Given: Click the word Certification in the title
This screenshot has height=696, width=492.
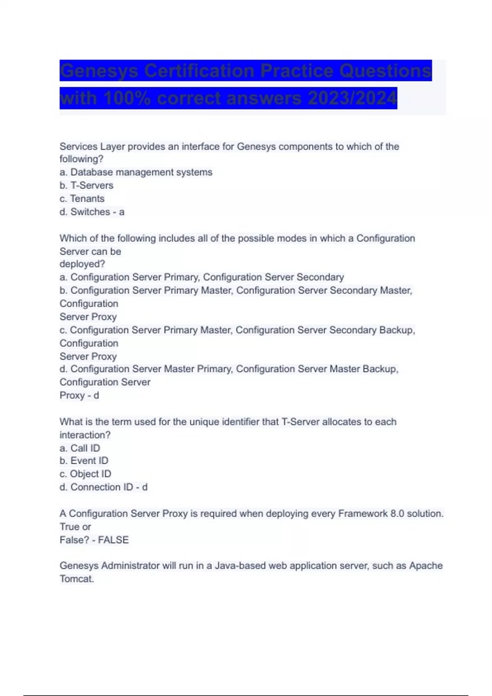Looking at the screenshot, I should coord(199,71).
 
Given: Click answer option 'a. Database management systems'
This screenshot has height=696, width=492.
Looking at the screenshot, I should coord(136,172).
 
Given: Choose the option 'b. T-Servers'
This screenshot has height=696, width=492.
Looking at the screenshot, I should coord(86,185).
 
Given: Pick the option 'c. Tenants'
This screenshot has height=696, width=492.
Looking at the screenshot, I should coord(82,199).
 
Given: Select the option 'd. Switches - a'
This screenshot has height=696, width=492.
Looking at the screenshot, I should coord(92,212).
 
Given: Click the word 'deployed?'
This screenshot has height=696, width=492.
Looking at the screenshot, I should coord(82,264).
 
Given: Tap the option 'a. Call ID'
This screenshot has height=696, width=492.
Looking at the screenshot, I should coord(80,448).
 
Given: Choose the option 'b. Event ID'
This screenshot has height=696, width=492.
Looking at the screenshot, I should coord(84,461).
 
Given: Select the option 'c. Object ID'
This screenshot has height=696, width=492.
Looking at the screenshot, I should coord(85,474).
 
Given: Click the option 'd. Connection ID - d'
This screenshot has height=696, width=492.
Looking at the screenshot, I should coord(103,487).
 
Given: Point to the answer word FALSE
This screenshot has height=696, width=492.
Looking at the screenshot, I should coord(113,540).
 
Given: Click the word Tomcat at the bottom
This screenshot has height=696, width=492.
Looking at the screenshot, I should coord(76,579).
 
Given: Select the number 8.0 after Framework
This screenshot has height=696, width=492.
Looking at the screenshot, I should coord(397,513).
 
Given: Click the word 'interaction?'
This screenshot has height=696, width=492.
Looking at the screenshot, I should coord(85,435).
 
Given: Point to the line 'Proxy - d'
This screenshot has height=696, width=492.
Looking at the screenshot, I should coord(79,395).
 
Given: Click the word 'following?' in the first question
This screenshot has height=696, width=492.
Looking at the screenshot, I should coord(81,159).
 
